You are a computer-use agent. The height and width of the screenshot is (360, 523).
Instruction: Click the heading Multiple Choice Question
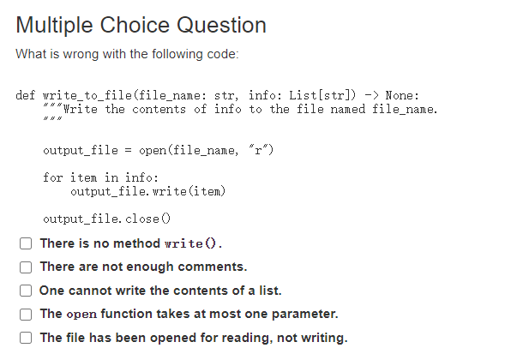[x=141, y=25]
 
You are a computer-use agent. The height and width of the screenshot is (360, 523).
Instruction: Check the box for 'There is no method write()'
[x=27, y=243]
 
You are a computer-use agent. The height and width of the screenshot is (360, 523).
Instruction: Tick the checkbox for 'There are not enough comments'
[x=27, y=267]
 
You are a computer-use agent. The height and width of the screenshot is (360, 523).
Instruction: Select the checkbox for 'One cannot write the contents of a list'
[x=27, y=291]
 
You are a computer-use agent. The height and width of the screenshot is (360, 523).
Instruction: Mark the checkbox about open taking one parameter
[x=27, y=314]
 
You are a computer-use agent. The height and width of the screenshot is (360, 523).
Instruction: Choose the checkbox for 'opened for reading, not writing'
[x=27, y=337]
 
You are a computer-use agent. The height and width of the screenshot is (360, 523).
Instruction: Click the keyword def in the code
[x=26, y=95]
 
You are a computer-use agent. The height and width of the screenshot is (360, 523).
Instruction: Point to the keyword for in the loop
[x=52, y=177]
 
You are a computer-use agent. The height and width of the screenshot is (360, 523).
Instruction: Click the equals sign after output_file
[x=128, y=151]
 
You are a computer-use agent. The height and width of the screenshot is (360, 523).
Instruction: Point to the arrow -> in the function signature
[x=371, y=95]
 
